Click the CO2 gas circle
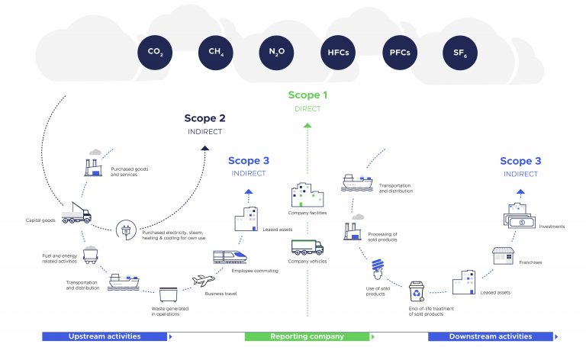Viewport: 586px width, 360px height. point(155,52)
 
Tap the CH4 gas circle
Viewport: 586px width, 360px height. point(216,52)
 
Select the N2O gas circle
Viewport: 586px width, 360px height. point(277,52)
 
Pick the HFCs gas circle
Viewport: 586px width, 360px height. point(338,52)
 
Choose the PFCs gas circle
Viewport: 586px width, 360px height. point(399,52)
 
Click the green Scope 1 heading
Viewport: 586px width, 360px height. point(307,95)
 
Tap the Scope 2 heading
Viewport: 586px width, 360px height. point(204,118)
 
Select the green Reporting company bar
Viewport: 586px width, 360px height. point(307,336)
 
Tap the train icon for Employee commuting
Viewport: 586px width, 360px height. point(230,257)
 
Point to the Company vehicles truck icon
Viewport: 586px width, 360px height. point(307,247)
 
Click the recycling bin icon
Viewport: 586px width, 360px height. point(417,291)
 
